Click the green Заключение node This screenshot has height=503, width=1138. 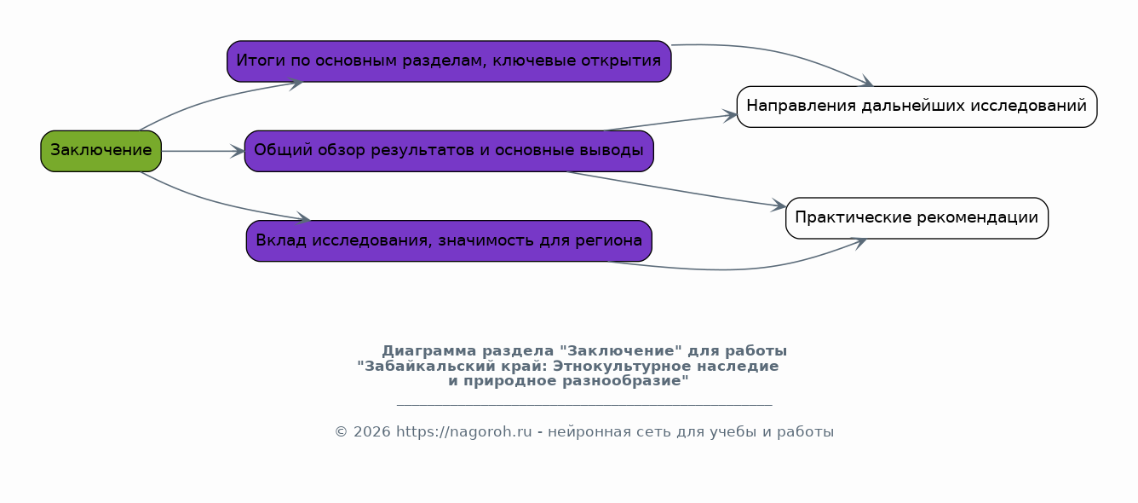click(x=101, y=151)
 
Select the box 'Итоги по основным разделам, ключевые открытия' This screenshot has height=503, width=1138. click(x=449, y=61)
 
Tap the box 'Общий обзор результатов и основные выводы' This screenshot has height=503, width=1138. click(x=449, y=151)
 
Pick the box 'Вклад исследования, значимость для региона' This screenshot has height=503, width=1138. click(x=449, y=240)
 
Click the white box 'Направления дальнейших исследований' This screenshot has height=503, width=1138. click(x=917, y=107)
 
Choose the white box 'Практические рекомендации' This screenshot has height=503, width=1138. click(x=917, y=218)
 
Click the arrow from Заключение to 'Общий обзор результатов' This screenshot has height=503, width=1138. click(x=203, y=151)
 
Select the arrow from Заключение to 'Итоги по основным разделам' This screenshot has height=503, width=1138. click(x=213, y=98)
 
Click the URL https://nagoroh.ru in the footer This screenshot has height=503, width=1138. click(x=463, y=432)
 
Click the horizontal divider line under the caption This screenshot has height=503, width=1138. click(x=584, y=405)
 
